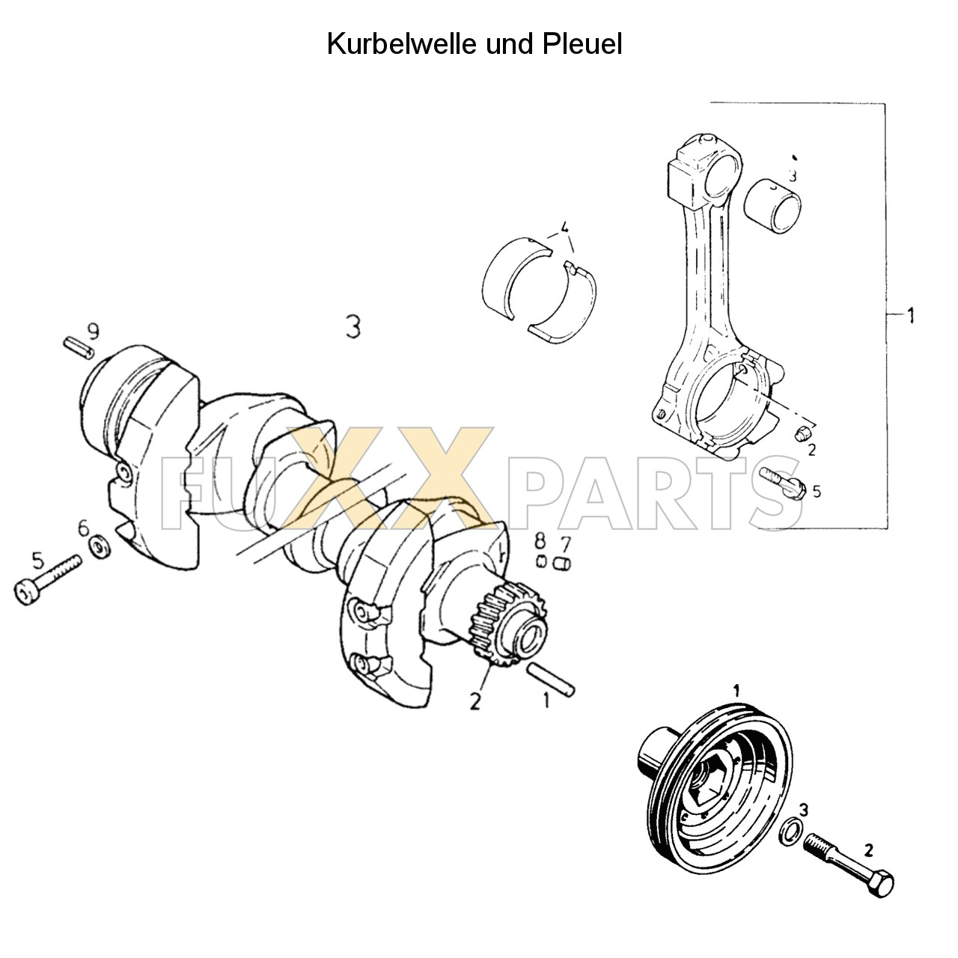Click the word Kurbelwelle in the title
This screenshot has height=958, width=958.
pos(400,44)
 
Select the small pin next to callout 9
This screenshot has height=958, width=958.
pos(77,347)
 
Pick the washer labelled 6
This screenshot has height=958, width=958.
pos(98,549)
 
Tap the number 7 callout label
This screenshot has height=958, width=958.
pos(565,541)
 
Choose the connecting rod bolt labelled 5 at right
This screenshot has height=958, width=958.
pos(781,483)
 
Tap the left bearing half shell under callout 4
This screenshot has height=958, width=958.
pos(515,281)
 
